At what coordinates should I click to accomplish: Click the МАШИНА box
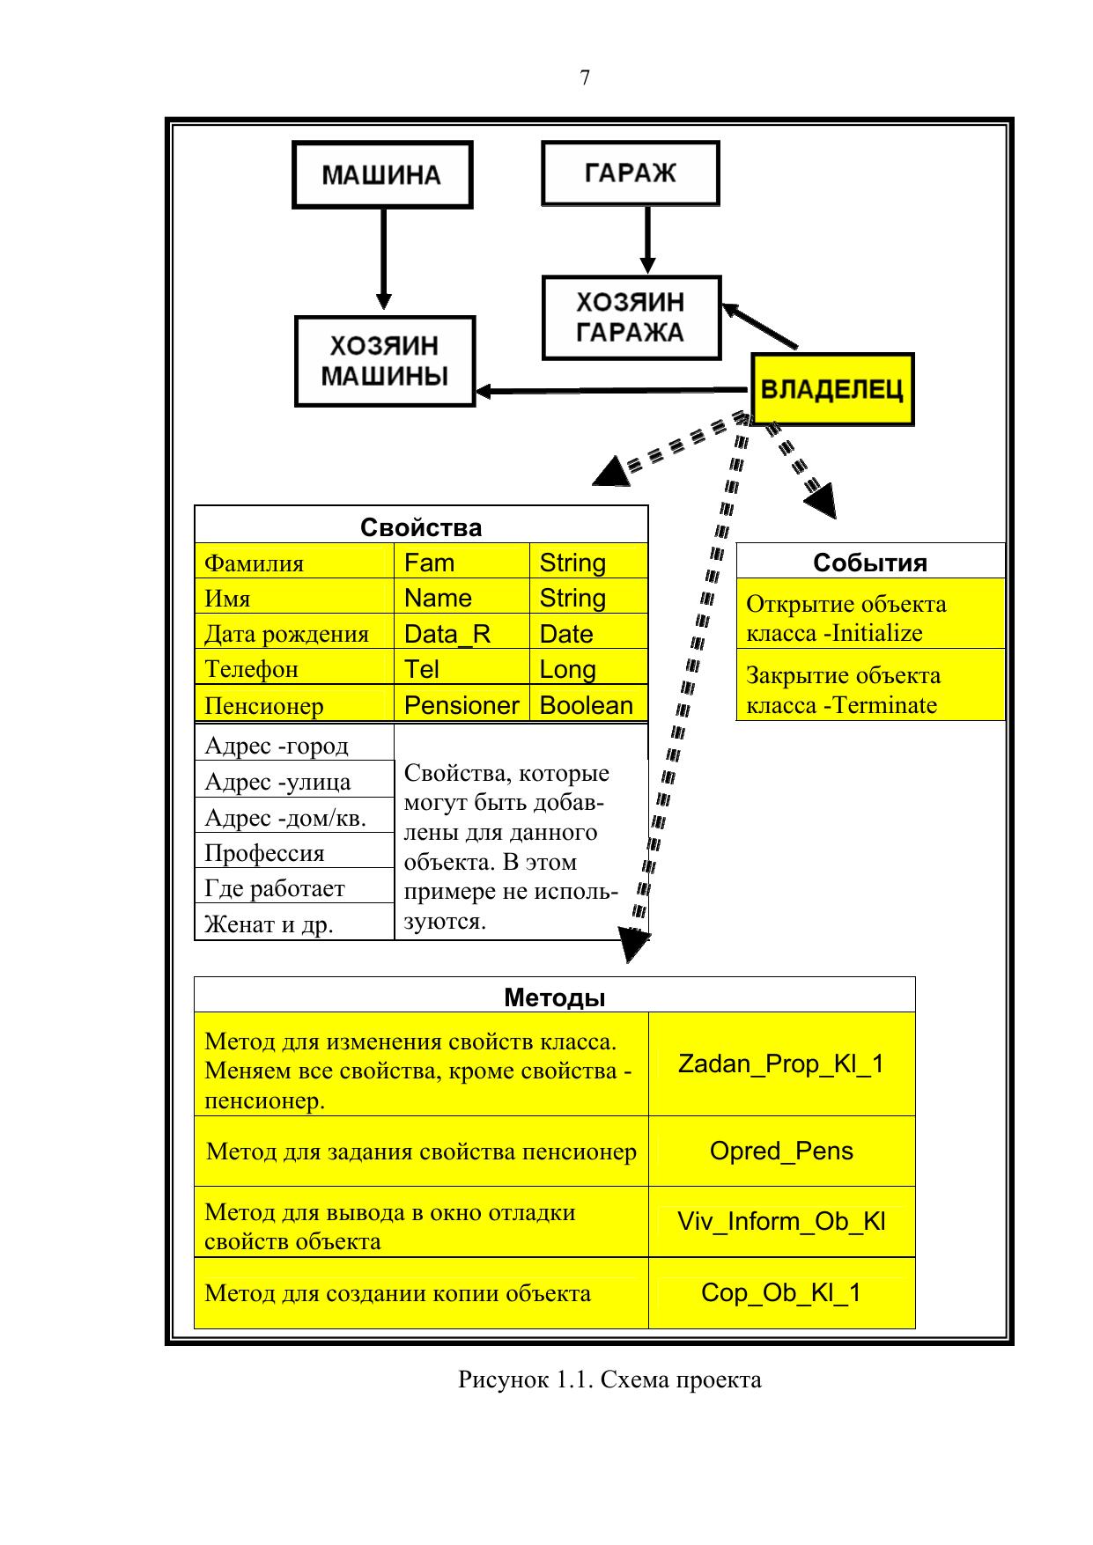381,174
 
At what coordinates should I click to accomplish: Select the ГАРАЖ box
630,173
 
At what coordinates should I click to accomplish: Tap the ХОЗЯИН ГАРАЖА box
631,318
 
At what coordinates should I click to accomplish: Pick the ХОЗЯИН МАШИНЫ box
384,361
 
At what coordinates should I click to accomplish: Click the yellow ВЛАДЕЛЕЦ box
831,389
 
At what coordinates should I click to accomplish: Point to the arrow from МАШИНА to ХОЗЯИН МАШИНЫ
383,260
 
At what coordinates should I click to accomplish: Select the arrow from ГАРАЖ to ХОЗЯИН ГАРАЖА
647,239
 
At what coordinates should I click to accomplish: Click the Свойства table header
421,526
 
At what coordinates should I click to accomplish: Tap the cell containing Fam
461,563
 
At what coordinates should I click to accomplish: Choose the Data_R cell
461,634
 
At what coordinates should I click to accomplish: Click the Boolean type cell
587,705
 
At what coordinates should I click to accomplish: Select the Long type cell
587,669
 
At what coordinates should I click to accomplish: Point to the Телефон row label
293,669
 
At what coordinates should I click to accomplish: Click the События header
870,563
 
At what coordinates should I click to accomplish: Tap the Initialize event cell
870,618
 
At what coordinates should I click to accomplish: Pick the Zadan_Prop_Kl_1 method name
781,1063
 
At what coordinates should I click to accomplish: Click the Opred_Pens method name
781,1151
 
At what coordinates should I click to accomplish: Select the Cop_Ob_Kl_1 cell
781,1292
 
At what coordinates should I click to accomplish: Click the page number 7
585,78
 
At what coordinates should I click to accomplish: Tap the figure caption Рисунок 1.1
609,1379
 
